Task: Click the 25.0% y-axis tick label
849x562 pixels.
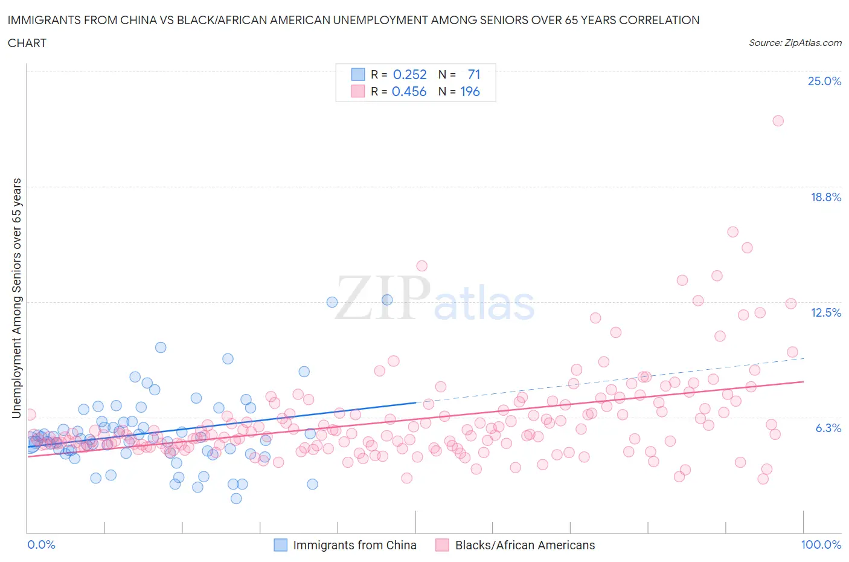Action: coord(824,81)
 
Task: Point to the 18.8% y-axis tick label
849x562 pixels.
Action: coord(825,197)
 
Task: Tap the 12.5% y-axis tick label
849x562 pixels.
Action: coord(825,312)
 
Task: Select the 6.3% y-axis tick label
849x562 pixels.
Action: coord(828,428)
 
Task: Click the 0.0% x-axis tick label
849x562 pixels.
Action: coord(42,544)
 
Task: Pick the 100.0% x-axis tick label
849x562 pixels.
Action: coord(821,544)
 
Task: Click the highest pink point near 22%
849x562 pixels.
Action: coord(778,121)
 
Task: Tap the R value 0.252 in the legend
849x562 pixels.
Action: coord(409,74)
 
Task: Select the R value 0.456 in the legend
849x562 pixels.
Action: coord(409,91)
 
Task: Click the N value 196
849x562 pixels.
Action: coord(470,91)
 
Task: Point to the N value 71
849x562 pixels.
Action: coord(474,74)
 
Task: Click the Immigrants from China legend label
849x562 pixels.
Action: coord(354,545)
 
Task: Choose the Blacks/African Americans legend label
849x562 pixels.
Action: coord(525,545)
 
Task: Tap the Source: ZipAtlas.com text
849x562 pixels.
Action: coord(795,42)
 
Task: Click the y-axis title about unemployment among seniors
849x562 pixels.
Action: coord(17,299)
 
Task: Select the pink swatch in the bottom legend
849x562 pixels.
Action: coord(442,545)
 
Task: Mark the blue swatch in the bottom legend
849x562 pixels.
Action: coord(280,545)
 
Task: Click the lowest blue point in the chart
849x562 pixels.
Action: coord(236,499)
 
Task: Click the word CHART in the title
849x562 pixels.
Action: coord(27,43)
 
